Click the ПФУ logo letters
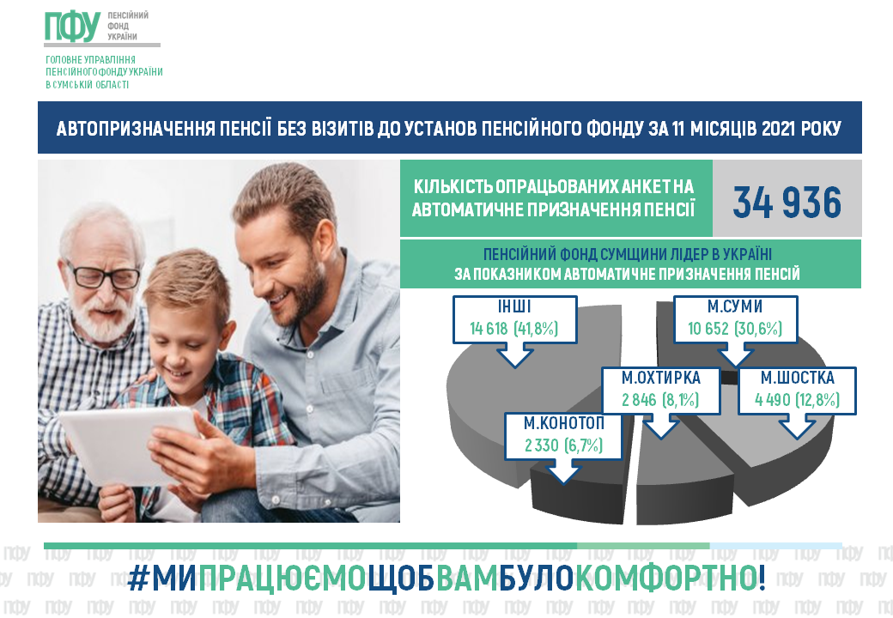(72, 27)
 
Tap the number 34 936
(787, 203)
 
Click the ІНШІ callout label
(514, 306)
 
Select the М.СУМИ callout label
(735, 306)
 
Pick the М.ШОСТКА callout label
(798, 378)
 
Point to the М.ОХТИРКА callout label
(660, 378)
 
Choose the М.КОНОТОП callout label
(564, 423)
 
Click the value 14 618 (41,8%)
(513, 329)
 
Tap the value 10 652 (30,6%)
(735, 329)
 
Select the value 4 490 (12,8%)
(798, 399)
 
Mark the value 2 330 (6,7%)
(564, 445)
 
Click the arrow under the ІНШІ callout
(514, 355)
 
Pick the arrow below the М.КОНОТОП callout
(563, 472)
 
